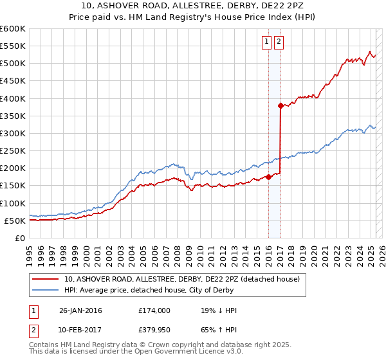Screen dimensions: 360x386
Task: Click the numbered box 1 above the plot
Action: [266, 42]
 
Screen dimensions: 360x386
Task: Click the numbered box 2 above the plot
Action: [279, 42]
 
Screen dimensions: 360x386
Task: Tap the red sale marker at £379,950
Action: [280, 105]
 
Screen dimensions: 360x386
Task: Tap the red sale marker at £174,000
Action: [268, 177]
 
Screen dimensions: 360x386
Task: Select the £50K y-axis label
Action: [16, 221]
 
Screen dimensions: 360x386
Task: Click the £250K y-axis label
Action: [14, 151]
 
